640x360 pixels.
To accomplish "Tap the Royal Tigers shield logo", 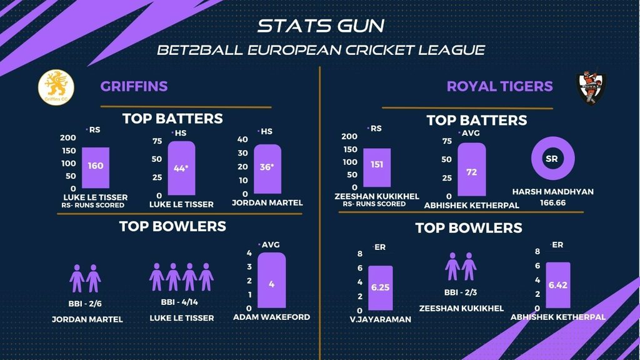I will pyautogui.click(x=591, y=88).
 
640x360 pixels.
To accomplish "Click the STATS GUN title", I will pyautogui.click(x=321, y=26).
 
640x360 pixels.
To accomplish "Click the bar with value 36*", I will pyautogui.click(x=267, y=169).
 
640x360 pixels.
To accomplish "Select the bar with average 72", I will pyautogui.click(x=471, y=169).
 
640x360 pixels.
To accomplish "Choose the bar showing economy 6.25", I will pyautogui.click(x=380, y=288).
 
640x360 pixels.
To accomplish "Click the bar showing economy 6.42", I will pyautogui.click(x=557, y=284).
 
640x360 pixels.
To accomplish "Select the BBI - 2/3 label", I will pyautogui.click(x=461, y=292).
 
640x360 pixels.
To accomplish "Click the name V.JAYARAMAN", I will pyautogui.click(x=381, y=319).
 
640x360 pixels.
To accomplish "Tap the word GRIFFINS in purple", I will pyautogui.click(x=134, y=86).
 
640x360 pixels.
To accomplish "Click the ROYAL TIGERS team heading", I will pyautogui.click(x=499, y=86).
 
